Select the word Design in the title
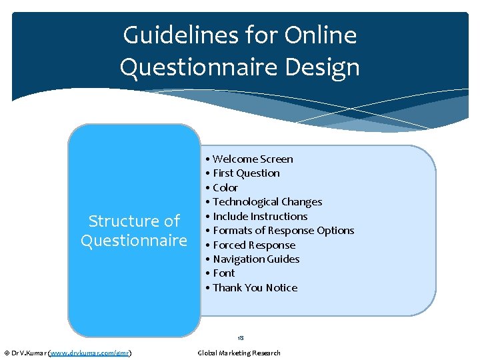click(x=325, y=67)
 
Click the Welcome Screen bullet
click(x=252, y=159)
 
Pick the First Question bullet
click(x=245, y=173)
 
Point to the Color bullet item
click(x=225, y=187)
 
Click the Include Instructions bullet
click(x=259, y=216)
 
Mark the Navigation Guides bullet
click(x=255, y=259)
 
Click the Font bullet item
click(x=223, y=273)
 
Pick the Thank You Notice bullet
click(x=254, y=288)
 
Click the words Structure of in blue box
click(x=134, y=221)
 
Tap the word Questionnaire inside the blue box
click(x=134, y=241)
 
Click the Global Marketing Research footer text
click(x=239, y=353)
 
